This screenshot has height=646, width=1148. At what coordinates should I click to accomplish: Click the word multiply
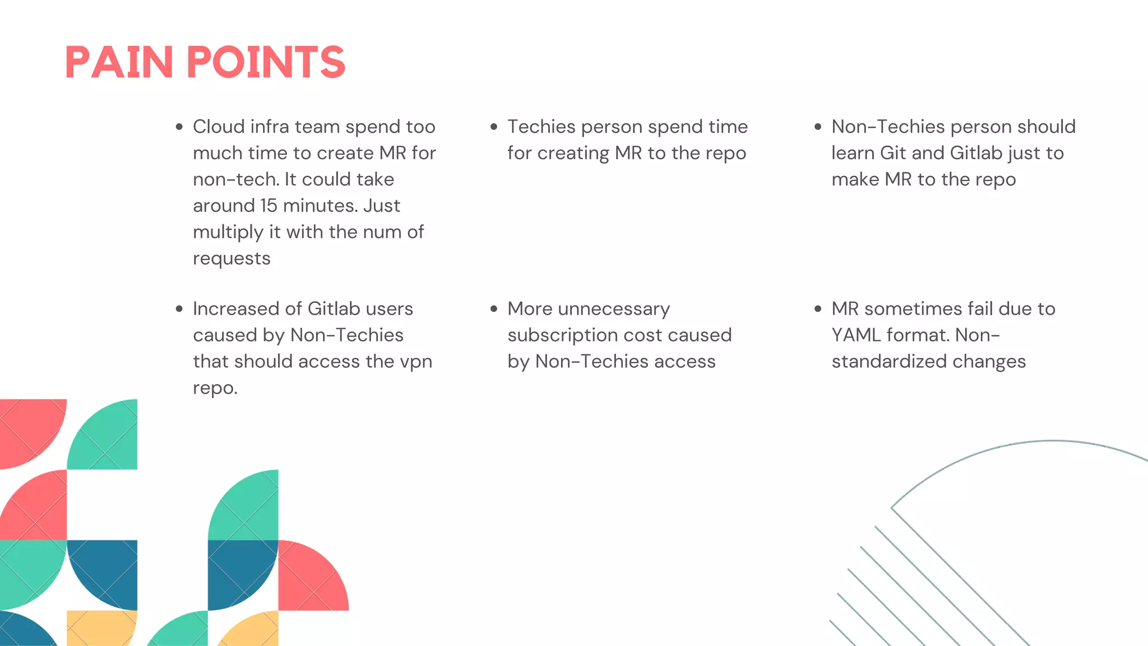(x=228, y=233)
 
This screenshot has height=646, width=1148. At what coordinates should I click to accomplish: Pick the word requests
(x=232, y=259)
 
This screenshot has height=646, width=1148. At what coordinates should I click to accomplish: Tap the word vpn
(x=415, y=362)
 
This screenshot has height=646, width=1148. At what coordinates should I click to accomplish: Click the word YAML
(x=856, y=335)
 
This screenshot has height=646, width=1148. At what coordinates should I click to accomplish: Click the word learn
(x=853, y=153)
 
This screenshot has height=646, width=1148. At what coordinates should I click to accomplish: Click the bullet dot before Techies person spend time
(x=494, y=127)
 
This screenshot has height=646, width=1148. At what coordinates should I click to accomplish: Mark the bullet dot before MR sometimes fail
(x=818, y=309)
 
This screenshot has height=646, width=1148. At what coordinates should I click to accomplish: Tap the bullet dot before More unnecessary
(x=494, y=309)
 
